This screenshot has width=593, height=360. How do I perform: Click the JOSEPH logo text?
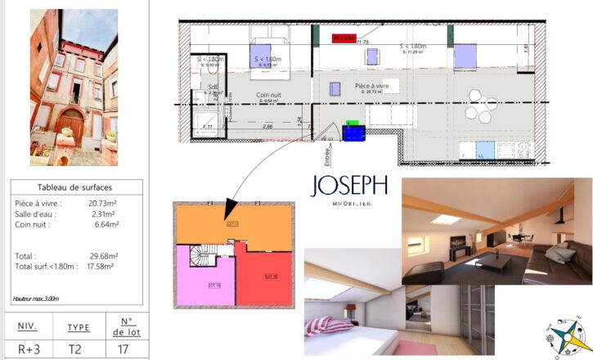[x=348, y=187]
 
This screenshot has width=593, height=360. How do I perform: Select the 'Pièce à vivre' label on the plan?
[x=372, y=86]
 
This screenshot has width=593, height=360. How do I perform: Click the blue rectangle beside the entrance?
[x=353, y=133]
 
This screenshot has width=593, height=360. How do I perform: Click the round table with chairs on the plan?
[x=477, y=110]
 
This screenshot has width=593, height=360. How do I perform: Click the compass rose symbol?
[x=563, y=335]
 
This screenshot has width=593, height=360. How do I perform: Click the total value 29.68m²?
[x=104, y=255]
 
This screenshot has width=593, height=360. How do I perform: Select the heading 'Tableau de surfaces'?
[x=75, y=187]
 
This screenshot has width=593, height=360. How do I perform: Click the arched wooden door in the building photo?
[x=71, y=123]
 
